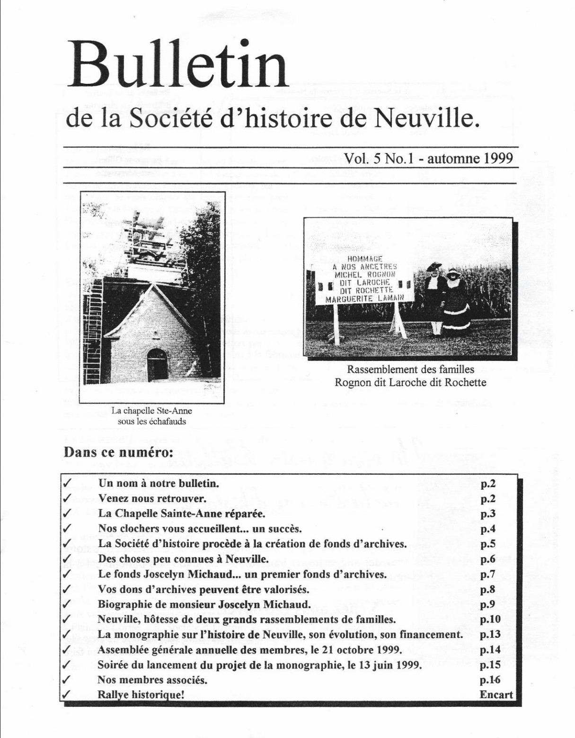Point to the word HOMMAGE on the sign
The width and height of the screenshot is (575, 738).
[x=364, y=259]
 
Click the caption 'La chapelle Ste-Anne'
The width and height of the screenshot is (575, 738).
[x=151, y=411]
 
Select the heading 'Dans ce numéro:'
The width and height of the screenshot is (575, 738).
[x=118, y=452]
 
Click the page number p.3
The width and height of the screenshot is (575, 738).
[x=487, y=514]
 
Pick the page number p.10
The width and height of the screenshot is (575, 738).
[x=490, y=620]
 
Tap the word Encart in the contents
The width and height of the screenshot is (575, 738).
[x=495, y=695]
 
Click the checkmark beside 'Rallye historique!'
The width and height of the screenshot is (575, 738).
[x=67, y=695]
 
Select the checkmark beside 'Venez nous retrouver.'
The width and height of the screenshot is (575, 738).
[x=67, y=498]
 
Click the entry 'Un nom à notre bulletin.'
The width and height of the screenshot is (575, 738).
[x=159, y=484]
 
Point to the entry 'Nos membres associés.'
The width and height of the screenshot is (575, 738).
[x=152, y=680]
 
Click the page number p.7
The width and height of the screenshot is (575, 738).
[x=487, y=575]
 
